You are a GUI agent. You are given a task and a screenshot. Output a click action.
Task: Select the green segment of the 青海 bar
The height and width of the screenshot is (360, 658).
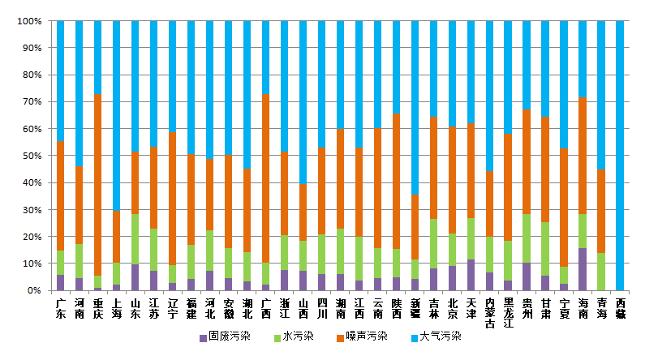pyautogui.click(x=601, y=272)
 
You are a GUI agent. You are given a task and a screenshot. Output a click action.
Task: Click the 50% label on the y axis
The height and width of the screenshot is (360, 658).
pyautogui.click(x=32, y=156)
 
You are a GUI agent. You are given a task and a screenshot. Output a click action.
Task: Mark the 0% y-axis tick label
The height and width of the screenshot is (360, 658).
pyautogui.click(x=35, y=290)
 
